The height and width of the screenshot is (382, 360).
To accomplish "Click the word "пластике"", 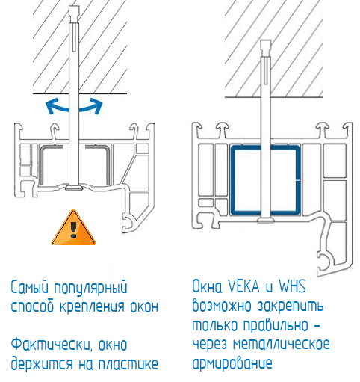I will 128,364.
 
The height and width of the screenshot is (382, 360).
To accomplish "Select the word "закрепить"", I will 297,306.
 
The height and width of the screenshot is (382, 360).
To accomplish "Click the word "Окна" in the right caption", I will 208,287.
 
